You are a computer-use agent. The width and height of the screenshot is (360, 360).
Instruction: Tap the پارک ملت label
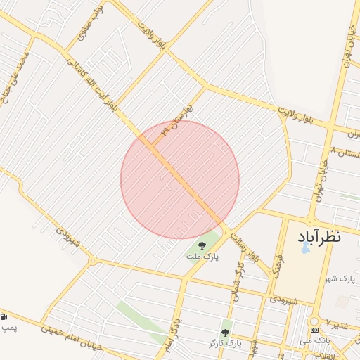(202, 257)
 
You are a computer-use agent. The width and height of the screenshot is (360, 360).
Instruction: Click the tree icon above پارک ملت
(202, 245)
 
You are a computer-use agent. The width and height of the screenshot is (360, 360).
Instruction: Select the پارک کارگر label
(225, 342)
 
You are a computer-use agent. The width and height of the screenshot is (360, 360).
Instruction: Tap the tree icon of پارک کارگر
(226, 332)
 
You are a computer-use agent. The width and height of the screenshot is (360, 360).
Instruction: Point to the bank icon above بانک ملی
(314, 330)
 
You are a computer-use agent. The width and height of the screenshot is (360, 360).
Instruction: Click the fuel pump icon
(6, 316)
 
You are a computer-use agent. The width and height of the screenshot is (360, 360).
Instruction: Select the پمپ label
(8, 328)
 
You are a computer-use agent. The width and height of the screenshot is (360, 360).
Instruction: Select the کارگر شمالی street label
(236, 281)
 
